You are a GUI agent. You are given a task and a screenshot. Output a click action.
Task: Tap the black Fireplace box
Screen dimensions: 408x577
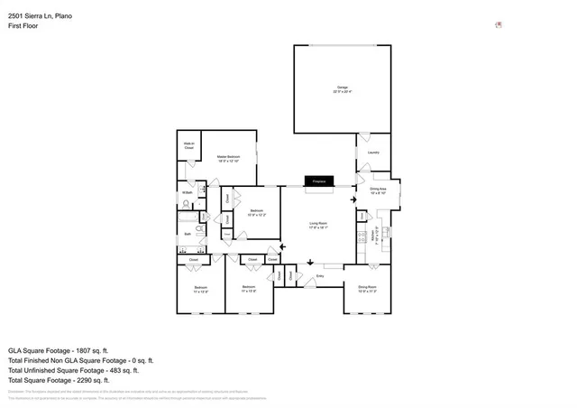318,181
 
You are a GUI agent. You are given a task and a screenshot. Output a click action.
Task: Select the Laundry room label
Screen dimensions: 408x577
373,153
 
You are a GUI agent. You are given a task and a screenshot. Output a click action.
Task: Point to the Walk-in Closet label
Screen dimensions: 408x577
189,145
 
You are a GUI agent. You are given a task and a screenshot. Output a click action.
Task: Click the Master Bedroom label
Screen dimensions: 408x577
228,159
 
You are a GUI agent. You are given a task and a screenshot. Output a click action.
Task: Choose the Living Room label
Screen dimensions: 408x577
318,225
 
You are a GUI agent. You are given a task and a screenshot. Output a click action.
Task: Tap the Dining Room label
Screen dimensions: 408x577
367,289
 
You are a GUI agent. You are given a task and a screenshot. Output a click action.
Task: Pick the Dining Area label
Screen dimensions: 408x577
378,190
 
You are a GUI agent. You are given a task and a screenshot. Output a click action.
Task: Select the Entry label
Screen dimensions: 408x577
319,275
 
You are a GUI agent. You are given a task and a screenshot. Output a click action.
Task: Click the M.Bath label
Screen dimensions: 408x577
187,192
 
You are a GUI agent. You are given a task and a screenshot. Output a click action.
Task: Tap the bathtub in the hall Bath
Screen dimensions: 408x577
187,218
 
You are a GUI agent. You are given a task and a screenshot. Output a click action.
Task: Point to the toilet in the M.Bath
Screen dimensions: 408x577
205,190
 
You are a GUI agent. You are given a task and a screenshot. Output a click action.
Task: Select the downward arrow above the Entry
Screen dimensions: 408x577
310,262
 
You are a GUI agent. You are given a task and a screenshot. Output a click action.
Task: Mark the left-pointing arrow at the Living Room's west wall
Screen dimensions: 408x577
284,246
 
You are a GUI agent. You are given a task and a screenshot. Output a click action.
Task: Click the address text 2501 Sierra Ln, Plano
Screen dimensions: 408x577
41,14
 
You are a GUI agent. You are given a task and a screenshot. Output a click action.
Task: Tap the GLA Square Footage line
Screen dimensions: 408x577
58,350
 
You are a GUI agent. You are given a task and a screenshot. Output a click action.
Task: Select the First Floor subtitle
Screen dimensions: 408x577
23,25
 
